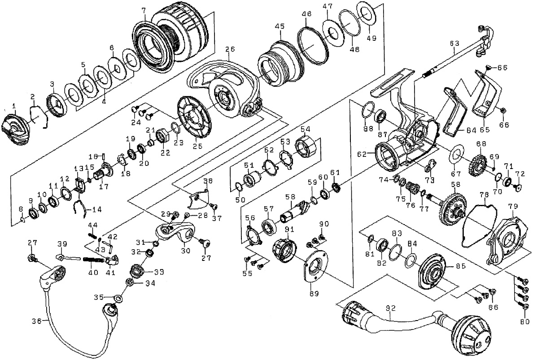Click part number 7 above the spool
[x=144, y=10]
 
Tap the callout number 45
[x=280, y=27]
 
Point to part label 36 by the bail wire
[x=37, y=321]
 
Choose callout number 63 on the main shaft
[x=454, y=43]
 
